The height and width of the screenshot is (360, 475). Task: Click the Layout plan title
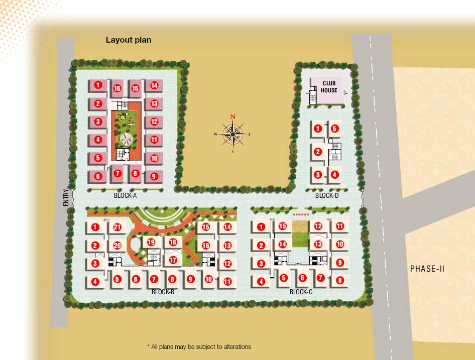pos(128,40)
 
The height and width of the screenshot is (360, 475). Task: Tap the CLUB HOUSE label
pos(329,87)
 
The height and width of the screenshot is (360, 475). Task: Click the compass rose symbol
pos(233,134)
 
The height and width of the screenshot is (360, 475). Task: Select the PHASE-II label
pos(427,269)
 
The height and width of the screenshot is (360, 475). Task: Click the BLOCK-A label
pos(125,196)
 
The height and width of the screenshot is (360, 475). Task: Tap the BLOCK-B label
pos(163,292)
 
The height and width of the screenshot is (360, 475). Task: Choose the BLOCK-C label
pos(301,292)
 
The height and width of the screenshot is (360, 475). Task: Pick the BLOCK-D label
pos(326,196)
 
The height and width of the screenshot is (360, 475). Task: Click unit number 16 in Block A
pos(117,88)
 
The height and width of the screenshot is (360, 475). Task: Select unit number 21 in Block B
pos(117,227)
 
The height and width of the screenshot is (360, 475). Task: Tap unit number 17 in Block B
pos(173,260)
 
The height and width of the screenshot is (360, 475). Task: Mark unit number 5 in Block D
pos(335,129)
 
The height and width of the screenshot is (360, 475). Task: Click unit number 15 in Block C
pos(283,226)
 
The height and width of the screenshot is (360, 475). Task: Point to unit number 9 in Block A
pos(154,176)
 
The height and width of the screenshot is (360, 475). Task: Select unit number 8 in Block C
pos(340,281)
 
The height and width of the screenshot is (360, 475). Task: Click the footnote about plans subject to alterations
pos(199,347)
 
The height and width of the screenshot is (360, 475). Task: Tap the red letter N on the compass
pos(233,116)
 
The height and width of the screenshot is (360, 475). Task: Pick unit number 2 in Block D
pos(317,152)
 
